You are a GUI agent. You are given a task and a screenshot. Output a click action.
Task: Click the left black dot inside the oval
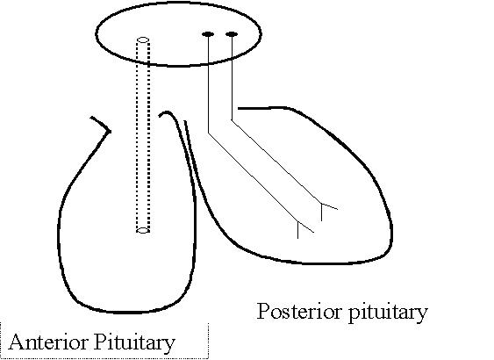pos(208,34)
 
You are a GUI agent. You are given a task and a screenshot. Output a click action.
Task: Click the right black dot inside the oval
pos(232,33)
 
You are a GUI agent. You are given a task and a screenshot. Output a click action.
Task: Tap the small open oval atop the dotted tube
pos(143,40)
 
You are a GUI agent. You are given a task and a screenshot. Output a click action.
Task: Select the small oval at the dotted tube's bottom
pos(143,230)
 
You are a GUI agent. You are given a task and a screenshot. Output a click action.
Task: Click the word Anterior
pos(48,342)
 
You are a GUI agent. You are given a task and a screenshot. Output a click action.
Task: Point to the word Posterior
pos(299,311)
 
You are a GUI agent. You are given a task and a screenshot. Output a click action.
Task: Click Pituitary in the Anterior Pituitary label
pos(134,343)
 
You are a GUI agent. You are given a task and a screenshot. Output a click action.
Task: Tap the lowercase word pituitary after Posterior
pos(388,313)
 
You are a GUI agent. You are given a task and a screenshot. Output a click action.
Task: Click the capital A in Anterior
pos(17,342)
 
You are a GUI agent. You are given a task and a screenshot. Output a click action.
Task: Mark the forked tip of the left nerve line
pos(298,221)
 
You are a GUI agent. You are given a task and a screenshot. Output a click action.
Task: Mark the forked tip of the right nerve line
pos(321,204)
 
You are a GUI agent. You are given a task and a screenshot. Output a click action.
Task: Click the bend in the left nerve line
pos(208,133)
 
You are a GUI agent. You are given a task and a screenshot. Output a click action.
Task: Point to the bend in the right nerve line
pos(232,119)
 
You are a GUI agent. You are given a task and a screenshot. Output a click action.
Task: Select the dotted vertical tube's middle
pos(143,135)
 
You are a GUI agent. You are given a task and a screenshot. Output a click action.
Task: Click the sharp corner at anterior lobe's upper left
pos(110,131)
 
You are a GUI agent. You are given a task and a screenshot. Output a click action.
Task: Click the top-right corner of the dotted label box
pos(208,323)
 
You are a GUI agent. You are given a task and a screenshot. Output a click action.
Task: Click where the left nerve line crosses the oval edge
pos(208,64)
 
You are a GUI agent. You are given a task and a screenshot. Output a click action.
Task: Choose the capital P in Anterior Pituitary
pos(100,342)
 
